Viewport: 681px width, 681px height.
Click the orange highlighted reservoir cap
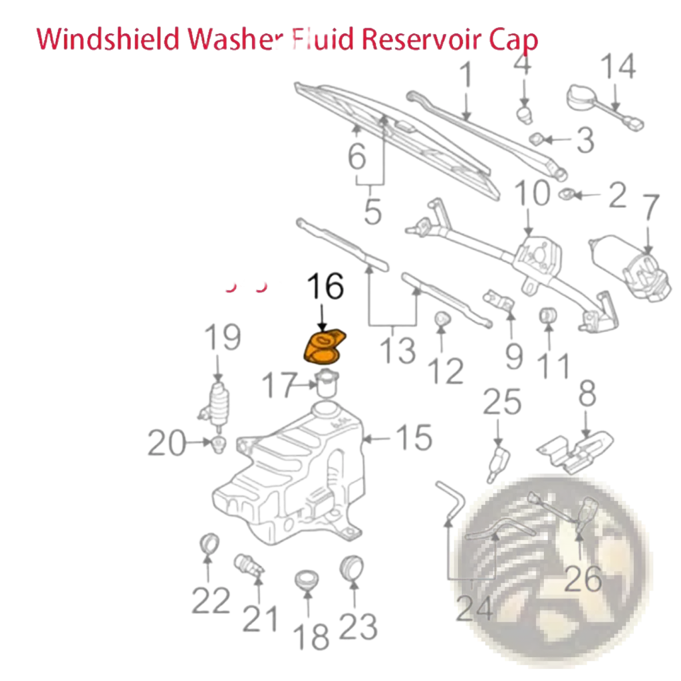click(x=324, y=346)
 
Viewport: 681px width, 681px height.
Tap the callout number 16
click(x=325, y=286)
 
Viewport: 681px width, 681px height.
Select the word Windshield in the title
click(x=108, y=39)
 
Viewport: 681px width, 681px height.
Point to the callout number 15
click(x=414, y=438)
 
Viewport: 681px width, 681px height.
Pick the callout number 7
click(x=650, y=207)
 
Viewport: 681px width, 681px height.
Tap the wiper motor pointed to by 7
click(x=630, y=267)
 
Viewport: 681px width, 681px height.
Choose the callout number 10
click(x=533, y=194)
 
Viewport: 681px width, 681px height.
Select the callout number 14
click(x=618, y=66)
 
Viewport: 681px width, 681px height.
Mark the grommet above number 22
click(x=209, y=543)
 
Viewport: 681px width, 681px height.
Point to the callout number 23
click(x=358, y=626)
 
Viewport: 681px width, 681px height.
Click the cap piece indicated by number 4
click(x=525, y=114)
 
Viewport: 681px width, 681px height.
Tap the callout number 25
click(x=502, y=402)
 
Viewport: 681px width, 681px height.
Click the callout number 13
click(x=398, y=351)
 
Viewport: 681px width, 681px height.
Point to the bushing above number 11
click(x=548, y=316)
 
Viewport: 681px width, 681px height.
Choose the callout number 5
click(x=372, y=211)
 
